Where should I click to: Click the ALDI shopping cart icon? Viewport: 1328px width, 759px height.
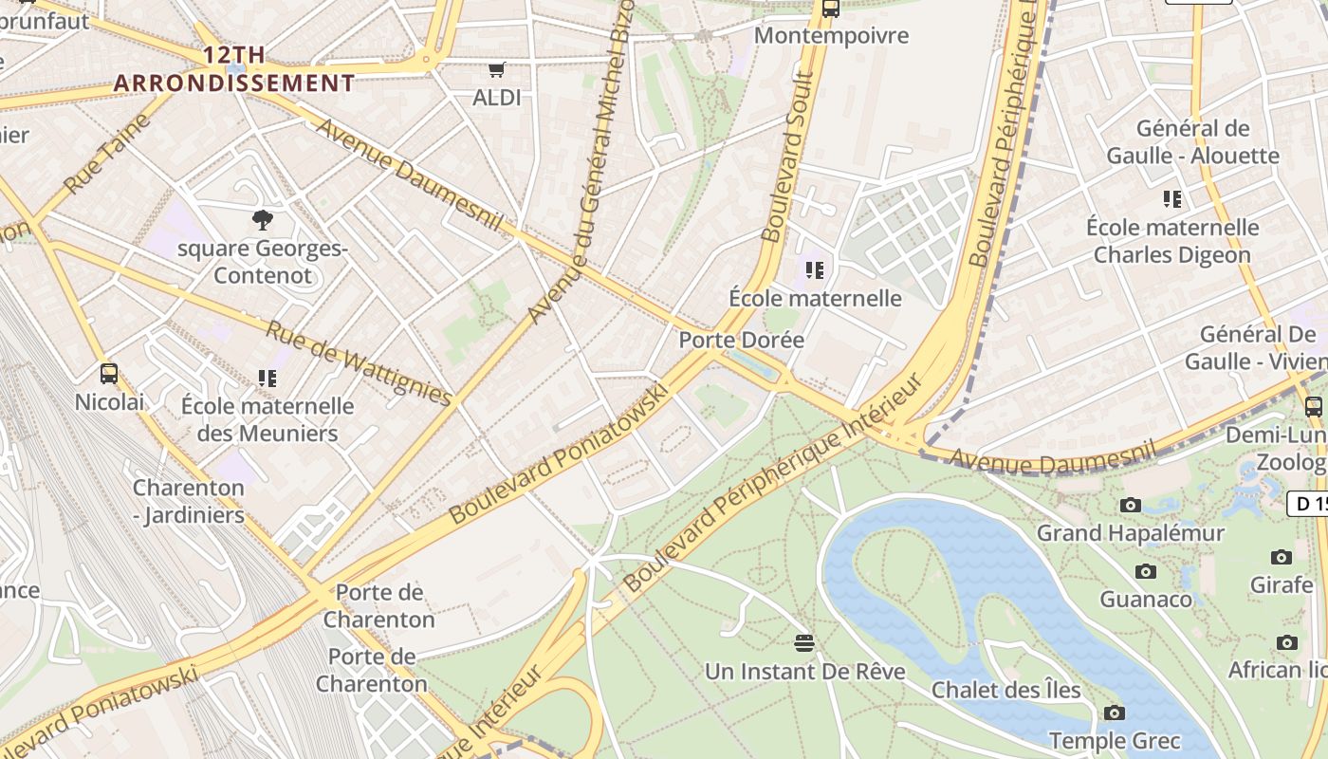coord(496,70)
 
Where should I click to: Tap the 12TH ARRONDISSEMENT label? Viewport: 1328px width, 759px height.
coord(234,69)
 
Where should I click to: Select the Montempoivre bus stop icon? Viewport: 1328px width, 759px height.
coord(831,9)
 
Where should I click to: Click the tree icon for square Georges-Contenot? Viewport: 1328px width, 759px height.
coord(263,221)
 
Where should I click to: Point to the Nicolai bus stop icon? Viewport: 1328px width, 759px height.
coord(109,374)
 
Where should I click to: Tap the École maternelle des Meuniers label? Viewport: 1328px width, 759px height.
coord(267,419)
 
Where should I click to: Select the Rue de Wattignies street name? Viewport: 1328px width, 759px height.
coord(358,362)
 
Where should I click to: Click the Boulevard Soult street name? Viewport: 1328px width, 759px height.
coord(786,157)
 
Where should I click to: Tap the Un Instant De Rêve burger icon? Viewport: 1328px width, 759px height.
coord(804,643)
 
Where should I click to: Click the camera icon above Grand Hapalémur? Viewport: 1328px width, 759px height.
coord(1130,506)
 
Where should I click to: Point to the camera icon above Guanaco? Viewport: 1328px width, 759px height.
coord(1145,571)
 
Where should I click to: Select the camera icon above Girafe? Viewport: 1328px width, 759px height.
coord(1281,557)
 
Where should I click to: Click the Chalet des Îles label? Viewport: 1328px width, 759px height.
coord(1005,690)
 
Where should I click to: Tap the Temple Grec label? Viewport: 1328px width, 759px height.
coord(1114,740)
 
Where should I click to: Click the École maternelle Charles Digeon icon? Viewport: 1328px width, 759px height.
coord(1172,199)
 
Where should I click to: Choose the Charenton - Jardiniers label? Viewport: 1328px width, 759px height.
coord(188,501)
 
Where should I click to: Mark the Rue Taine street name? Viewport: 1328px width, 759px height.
coord(106,155)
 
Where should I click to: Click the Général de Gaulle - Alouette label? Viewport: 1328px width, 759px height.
coord(1192,142)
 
